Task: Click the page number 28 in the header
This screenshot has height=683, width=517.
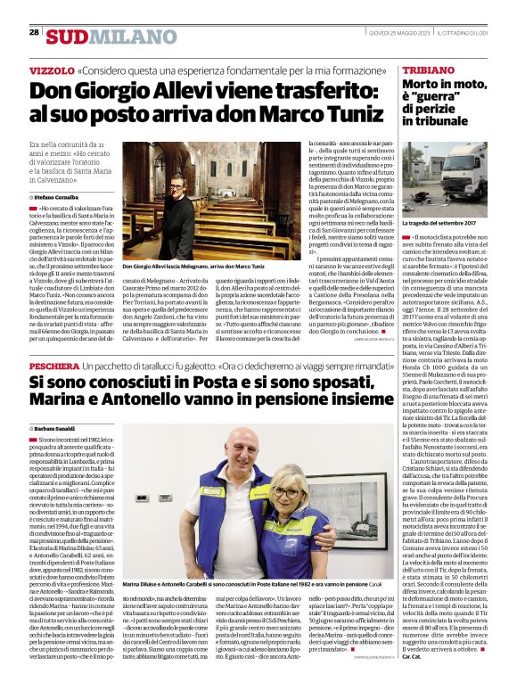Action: coord(34,32)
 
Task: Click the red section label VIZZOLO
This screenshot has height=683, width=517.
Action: coord(52,70)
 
